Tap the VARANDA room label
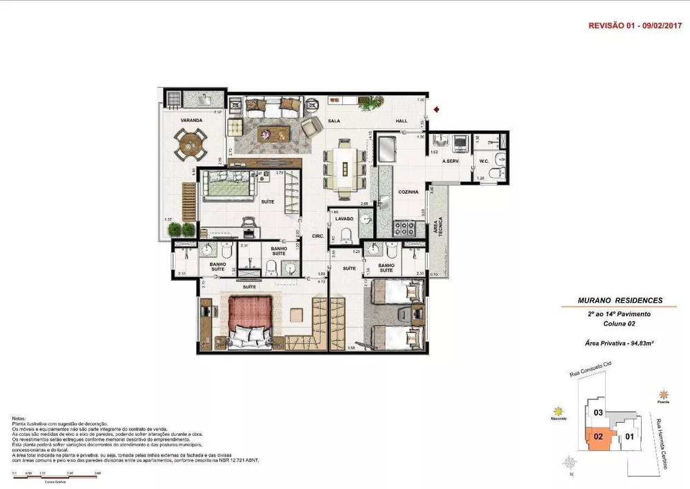tap(191, 121)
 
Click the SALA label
tap(335, 121)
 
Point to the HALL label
tap(402, 121)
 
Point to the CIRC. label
tap(317, 235)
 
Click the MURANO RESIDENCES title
tap(620, 301)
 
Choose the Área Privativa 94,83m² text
tap(620, 343)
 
